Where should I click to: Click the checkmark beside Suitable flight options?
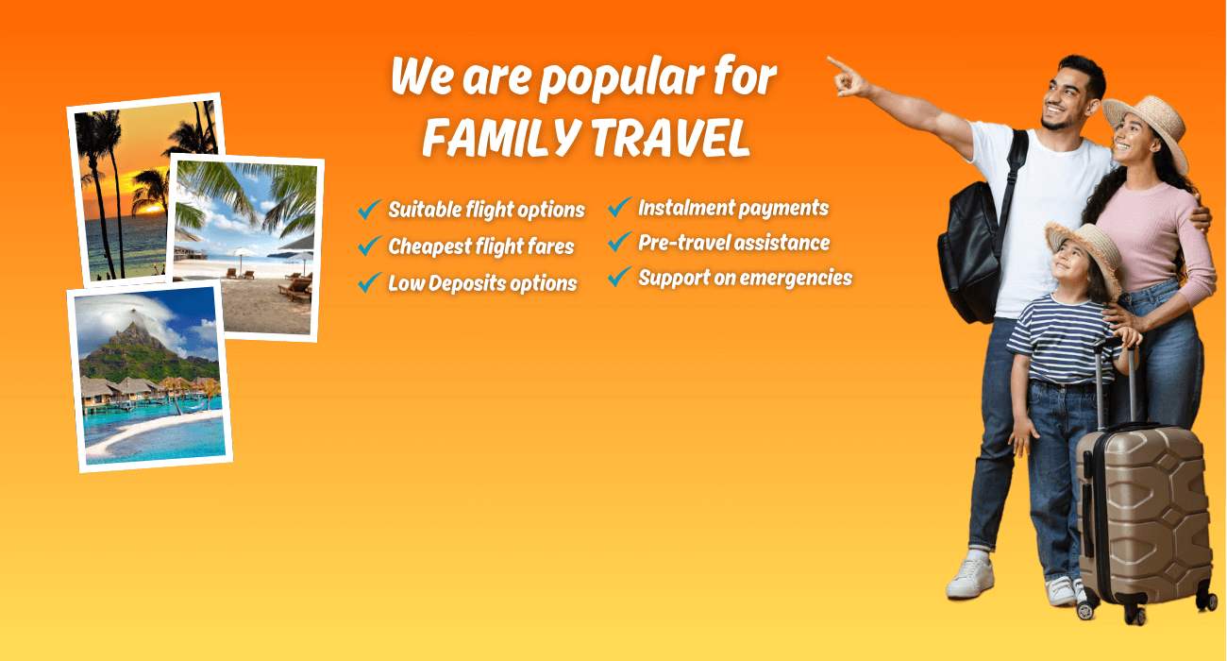click(x=370, y=209)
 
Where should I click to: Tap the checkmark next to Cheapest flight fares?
click(x=370, y=246)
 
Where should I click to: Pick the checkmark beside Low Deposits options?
click(x=370, y=282)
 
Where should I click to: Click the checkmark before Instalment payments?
click(x=620, y=207)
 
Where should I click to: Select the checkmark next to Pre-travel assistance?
click(x=620, y=243)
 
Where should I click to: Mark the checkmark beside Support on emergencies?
click(x=620, y=278)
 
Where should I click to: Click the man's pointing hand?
click(x=846, y=77)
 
